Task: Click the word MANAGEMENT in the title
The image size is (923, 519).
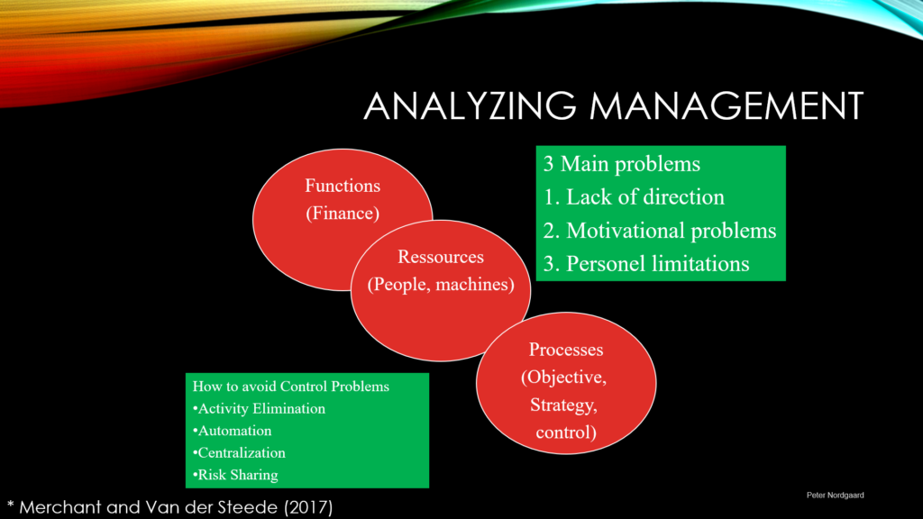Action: coord(727,106)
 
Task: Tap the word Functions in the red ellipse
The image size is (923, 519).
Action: coord(343,186)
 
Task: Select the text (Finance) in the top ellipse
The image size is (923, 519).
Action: coord(343,213)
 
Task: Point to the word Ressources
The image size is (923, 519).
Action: coord(440,257)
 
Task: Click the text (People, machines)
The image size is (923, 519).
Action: coord(441,285)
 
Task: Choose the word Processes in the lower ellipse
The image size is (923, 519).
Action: coord(566,350)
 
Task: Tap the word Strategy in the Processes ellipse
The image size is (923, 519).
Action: coord(563,405)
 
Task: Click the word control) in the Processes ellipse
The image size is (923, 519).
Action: coord(566,432)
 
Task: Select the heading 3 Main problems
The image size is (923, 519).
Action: coord(622,164)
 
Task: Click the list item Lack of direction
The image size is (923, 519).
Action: coord(645,197)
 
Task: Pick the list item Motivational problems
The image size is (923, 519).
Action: coord(671,231)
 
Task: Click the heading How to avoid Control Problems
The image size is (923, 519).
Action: coord(291,387)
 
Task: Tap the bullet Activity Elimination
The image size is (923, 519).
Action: coord(259,408)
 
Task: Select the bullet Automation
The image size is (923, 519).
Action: coord(232,431)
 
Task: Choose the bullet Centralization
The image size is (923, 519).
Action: coord(239,452)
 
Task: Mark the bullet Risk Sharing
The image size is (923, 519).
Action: coord(235,475)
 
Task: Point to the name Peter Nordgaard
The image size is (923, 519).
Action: coord(836,496)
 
